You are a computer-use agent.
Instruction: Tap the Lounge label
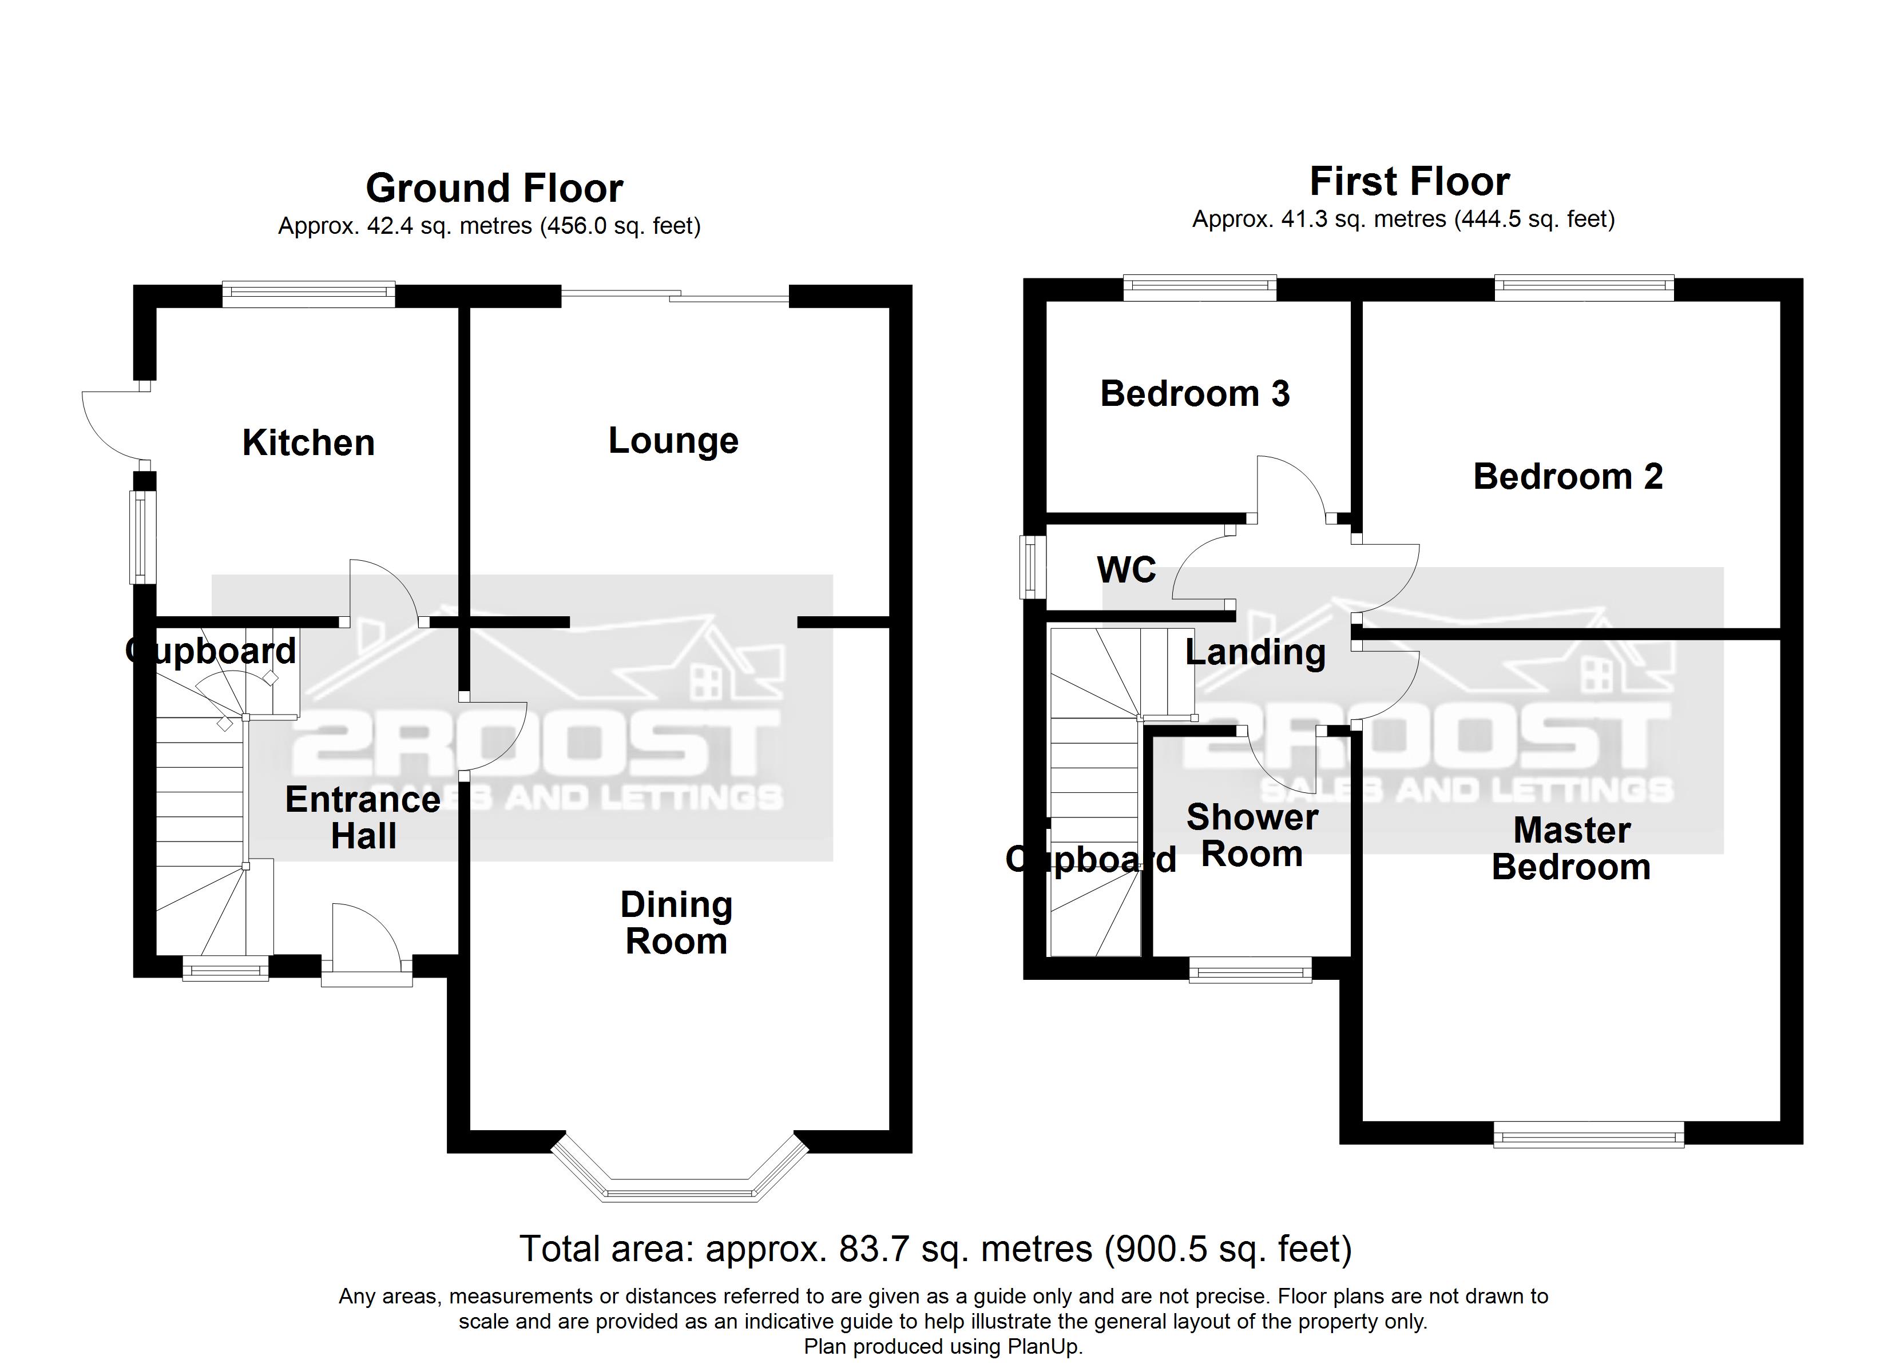[673, 440]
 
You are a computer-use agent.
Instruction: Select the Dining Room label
[676, 923]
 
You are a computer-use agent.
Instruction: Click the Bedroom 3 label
[1195, 393]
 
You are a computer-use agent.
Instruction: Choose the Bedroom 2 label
[1568, 477]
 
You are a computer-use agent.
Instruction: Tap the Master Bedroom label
[1571, 849]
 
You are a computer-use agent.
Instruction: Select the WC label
[1127, 570]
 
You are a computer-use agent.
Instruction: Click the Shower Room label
[1252, 835]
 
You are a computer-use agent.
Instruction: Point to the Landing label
[1255, 652]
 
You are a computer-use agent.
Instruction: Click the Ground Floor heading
[494, 188]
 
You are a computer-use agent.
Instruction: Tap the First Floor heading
[1409, 181]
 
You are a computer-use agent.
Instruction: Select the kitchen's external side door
[112, 424]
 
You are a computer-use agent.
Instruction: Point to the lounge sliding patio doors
[675, 296]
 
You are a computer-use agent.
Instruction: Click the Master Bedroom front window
[1588, 1134]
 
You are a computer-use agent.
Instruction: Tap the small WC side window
[1032, 567]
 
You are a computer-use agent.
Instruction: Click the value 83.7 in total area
[873, 1249]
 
